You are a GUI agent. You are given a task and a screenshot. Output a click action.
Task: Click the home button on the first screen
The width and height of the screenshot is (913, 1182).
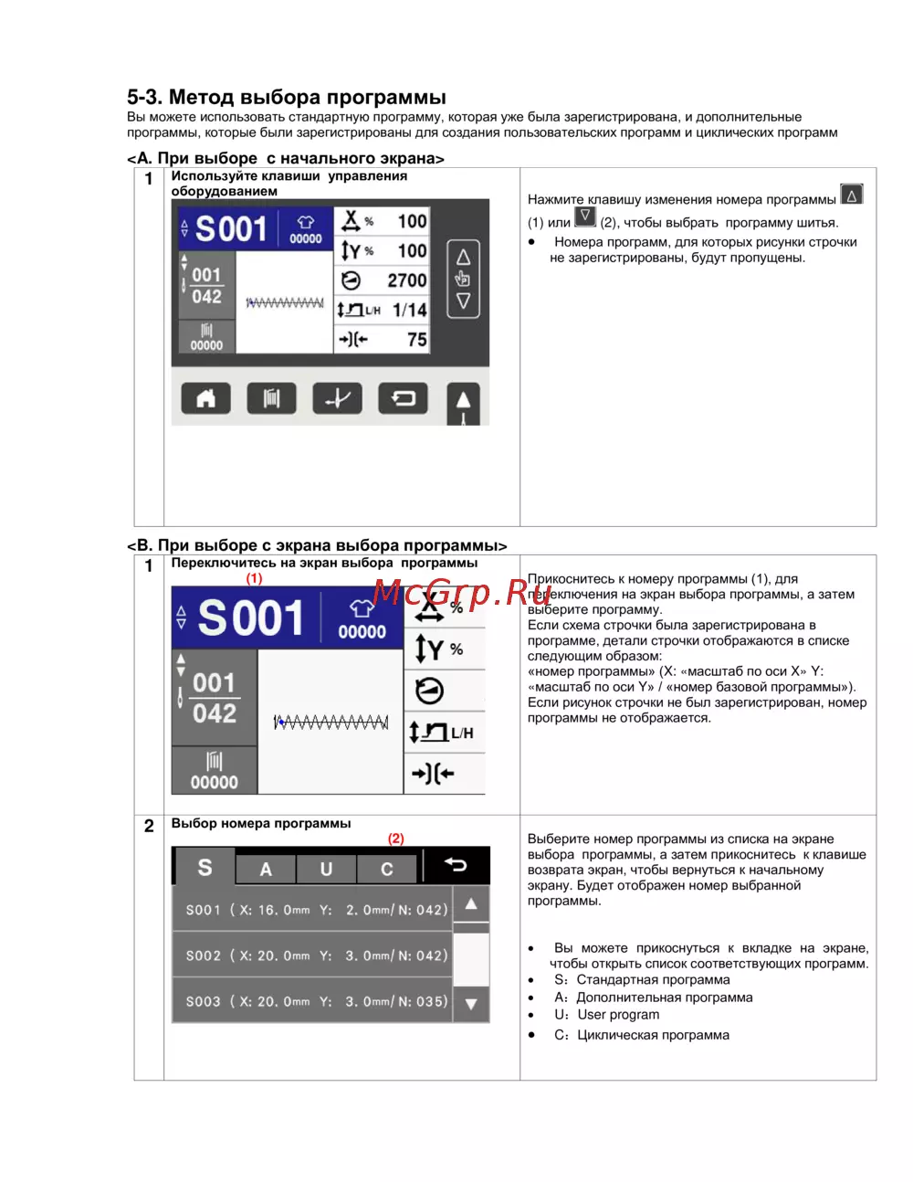[x=205, y=398]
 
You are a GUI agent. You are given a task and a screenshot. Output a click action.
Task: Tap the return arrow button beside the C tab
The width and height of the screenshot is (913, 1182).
[x=456, y=864]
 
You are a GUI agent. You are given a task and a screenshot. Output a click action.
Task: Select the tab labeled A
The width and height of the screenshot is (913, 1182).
[x=266, y=869]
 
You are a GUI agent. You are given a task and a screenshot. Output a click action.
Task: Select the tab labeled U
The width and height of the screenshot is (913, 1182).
[x=326, y=869]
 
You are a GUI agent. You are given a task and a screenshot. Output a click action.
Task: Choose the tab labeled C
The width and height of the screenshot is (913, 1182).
[x=386, y=869]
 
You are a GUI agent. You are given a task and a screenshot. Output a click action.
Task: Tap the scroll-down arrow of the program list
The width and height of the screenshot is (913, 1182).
[x=471, y=1004]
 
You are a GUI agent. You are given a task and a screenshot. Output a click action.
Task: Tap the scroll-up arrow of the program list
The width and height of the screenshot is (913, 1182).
[x=471, y=904]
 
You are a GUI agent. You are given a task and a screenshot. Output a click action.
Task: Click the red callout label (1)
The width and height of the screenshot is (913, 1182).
[x=254, y=577]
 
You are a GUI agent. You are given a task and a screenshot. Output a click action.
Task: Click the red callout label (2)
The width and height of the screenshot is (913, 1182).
[x=395, y=839]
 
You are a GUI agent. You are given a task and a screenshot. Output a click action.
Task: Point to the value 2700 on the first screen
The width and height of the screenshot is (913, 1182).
[x=406, y=280]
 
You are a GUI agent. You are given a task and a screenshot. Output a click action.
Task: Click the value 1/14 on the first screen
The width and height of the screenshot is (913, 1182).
[x=410, y=310]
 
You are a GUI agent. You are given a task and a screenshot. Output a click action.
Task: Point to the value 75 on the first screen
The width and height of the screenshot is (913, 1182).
[x=417, y=340]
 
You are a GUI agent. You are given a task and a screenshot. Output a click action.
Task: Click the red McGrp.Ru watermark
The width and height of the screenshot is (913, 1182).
[x=462, y=593]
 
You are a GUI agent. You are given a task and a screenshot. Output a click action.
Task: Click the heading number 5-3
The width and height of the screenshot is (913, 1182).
[x=144, y=97]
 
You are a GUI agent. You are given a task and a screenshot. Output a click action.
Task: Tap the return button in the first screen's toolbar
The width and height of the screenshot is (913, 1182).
[x=403, y=398]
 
